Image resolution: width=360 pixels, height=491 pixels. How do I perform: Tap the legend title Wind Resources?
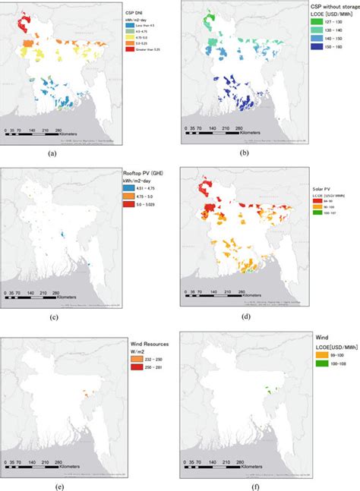[148, 345]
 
